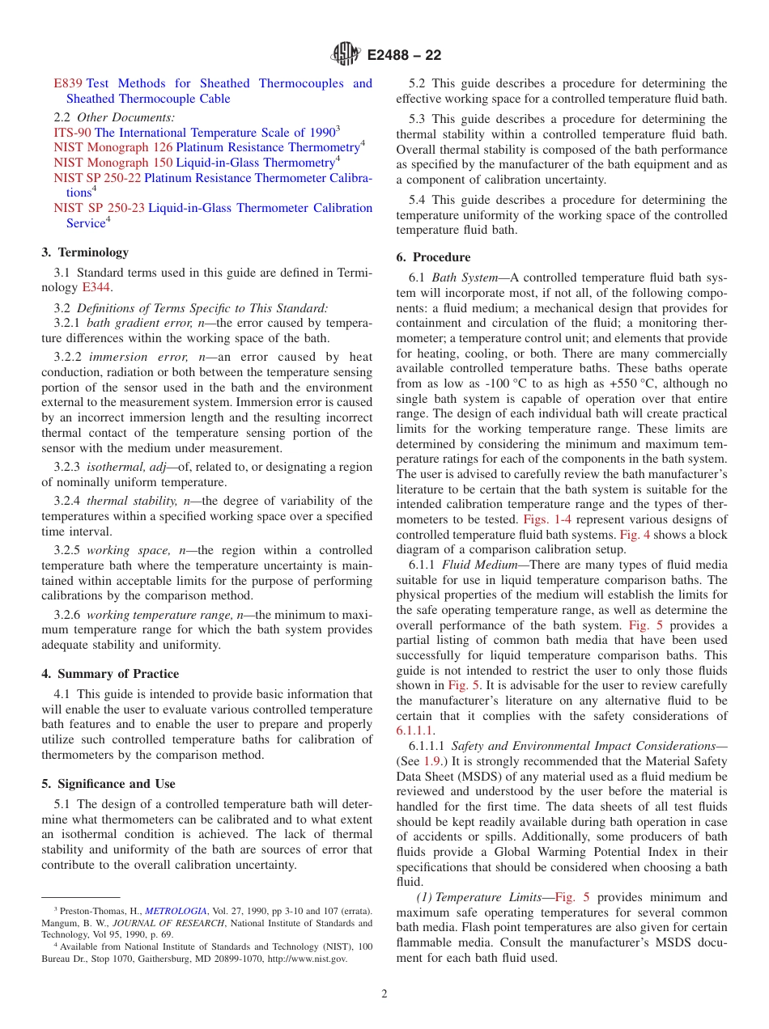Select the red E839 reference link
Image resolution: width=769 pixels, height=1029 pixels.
(68, 83)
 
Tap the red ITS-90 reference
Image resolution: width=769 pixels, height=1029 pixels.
(72, 133)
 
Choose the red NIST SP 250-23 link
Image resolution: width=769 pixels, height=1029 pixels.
(99, 208)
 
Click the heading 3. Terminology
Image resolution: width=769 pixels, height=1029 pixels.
(85, 252)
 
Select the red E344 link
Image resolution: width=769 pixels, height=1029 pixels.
(96, 287)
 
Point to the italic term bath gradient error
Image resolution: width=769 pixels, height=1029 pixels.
(131, 323)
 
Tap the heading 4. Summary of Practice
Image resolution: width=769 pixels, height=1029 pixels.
(110, 674)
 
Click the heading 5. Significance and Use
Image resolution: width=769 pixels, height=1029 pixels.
(108, 784)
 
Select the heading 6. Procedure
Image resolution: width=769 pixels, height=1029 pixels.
(433, 257)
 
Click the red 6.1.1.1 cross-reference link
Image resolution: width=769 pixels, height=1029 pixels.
(415, 730)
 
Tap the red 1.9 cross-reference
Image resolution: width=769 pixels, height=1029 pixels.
(431, 761)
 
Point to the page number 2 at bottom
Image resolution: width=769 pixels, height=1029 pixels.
(384, 994)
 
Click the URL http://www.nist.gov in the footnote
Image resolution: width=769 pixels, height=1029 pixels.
(308, 959)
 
